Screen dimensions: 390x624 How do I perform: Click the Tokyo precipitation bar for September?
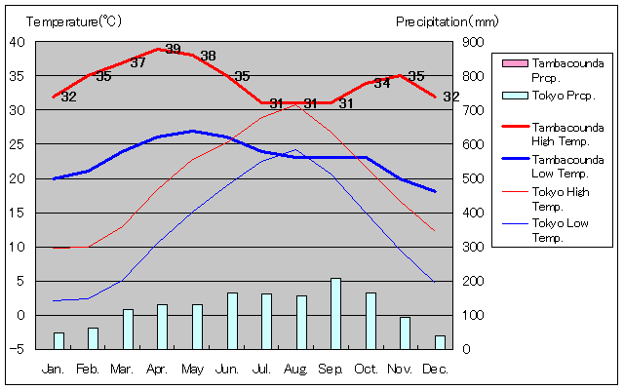pos(336,313)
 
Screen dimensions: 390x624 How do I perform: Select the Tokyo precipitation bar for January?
pos(58,339)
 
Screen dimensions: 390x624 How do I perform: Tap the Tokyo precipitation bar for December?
pos(440,341)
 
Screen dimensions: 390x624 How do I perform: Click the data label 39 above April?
pos(173,49)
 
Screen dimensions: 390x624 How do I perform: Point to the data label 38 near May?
pos(208,56)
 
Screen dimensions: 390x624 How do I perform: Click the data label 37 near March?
pos(137,62)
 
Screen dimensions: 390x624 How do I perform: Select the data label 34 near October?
pos(381,83)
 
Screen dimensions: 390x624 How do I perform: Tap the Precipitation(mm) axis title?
pos(448,20)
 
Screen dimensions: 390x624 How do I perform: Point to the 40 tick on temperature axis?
pos(19,42)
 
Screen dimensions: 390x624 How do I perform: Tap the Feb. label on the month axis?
pos(87,369)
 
